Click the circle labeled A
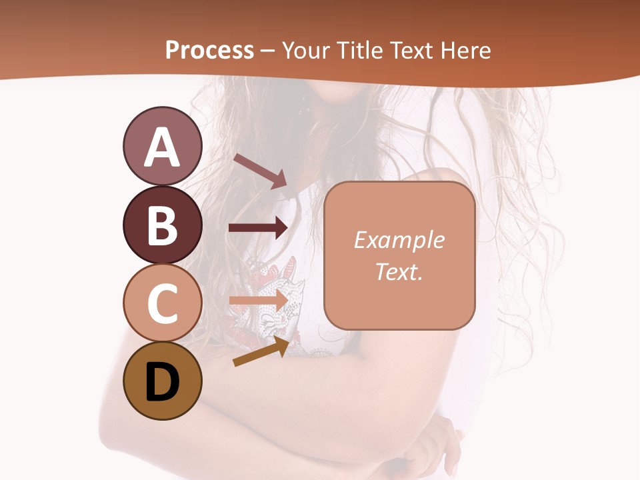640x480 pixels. pos(162,146)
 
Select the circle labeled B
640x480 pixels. pos(162,225)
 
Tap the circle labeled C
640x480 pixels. pos(162,303)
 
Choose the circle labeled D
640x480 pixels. pos(162,381)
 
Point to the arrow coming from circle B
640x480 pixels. pos(259,228)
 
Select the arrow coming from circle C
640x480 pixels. pos(259,301)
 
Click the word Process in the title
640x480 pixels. pos(209,50)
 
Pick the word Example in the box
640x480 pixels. pos(399,240)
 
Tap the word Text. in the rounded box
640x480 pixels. pos(399,271)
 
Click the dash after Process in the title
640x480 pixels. pos(267,51)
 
